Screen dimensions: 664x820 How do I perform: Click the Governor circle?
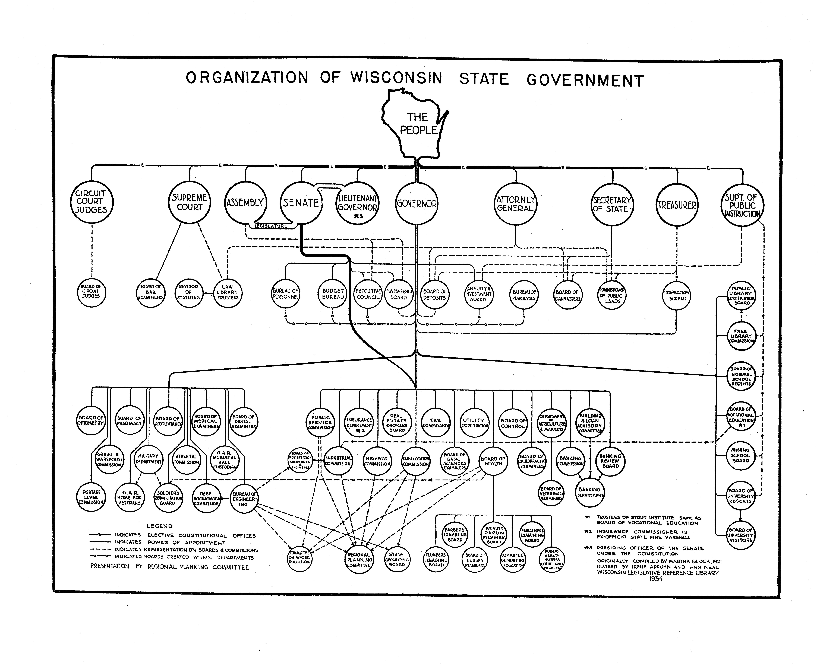pyautogui.click(x=416, y=203)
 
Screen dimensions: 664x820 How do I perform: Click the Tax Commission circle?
pyautogui.click(x=435, y=423)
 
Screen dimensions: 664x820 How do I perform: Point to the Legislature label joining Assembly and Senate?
pyautogui.click(x=271, y=226)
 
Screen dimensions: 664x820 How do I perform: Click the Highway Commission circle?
pyautogui.click(x=377, y=461)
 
